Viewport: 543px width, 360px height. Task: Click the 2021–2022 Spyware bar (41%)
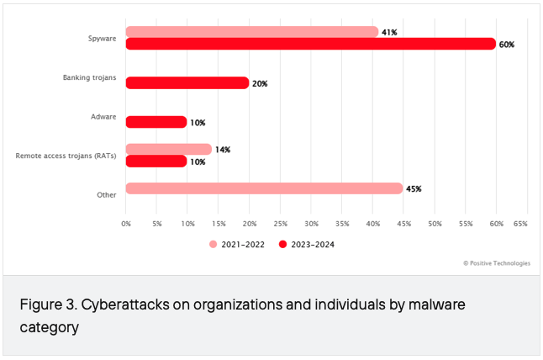(x=251, y=32)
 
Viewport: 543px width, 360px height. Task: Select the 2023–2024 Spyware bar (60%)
(x=310, y=44)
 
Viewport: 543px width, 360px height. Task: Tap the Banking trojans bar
(x=187, y=82)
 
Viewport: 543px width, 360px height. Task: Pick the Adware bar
(x=156, y=122)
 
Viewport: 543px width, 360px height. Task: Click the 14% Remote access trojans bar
(x=168, y=149)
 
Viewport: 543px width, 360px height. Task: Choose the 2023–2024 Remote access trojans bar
(x=156, y=161)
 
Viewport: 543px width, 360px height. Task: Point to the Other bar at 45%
(x=264, y=188)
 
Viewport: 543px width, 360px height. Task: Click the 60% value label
(x=506, y=44)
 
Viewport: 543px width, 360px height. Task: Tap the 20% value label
(x=260, y=83)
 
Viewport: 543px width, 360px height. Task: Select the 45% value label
(x=414, y=188)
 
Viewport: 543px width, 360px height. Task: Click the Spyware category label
(x=102, y=38)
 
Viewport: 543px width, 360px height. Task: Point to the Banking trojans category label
(x=89, y=77)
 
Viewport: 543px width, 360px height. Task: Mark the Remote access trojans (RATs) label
(x=66, y=156)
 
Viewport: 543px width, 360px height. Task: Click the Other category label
(x=106, y=195)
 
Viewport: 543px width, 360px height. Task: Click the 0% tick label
(x=126, y=224)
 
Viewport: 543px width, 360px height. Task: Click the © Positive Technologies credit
(x=497, y=263)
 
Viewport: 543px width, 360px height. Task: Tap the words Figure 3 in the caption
(x=46, y=304)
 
